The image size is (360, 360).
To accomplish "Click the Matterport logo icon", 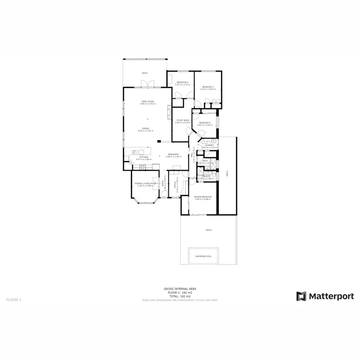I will click(301, 296).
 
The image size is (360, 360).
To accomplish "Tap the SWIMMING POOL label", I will click(204, 256).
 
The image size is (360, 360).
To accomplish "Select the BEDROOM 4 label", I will click(182, 82).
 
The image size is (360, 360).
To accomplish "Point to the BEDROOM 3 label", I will click(208, 87).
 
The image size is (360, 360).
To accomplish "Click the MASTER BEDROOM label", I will click(203, 197).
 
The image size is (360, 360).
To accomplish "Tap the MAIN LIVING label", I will click(148, 102).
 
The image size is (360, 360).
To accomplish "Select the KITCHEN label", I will click(143, 157).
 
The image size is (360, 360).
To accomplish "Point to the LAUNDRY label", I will click(210, 145).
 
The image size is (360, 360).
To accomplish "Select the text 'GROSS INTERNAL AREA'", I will click(180, 288).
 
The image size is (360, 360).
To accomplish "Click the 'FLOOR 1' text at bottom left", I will click(14, 299).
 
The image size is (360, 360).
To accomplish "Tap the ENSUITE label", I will click(206, 176).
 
